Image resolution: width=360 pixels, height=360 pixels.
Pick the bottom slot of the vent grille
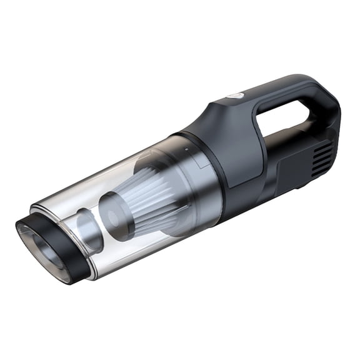point(320,171)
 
